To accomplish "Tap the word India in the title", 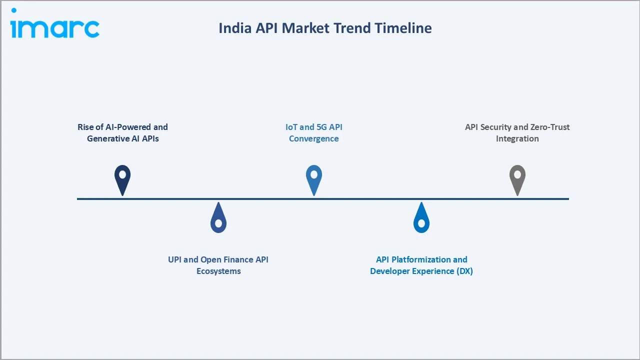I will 234,28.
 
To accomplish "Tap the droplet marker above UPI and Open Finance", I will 218,219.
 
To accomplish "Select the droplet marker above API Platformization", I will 421,219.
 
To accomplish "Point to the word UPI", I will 176,259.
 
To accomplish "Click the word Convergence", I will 314,138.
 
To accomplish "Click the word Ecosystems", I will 218,271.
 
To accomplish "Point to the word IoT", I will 291,127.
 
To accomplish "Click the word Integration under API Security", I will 517,138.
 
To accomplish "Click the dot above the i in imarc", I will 13,10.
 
